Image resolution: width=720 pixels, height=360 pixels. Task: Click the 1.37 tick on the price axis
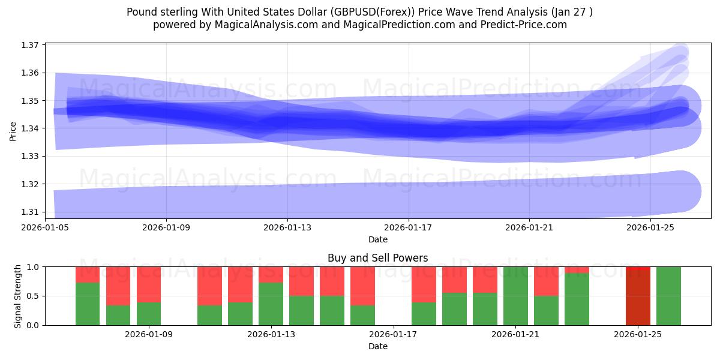31,45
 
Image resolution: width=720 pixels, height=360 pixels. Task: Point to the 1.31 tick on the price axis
31,212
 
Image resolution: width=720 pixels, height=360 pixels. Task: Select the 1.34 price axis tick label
31,128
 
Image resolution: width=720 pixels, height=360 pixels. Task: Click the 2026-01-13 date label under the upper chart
287,228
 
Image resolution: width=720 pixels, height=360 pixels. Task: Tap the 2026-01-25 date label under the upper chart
650,228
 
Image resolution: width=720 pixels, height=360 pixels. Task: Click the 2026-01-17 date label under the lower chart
394,335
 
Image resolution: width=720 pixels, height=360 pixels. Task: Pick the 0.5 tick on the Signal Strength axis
32,296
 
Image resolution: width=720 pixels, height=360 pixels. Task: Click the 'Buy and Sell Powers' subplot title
377,259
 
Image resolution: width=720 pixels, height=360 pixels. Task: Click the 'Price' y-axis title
13,130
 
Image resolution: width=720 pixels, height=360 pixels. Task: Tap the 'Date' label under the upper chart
377,239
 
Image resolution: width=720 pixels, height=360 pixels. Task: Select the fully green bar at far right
668,296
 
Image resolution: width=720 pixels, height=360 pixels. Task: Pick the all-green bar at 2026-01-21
515,296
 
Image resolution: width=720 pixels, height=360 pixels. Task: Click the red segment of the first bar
88,275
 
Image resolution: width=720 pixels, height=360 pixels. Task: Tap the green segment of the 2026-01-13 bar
271,304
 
